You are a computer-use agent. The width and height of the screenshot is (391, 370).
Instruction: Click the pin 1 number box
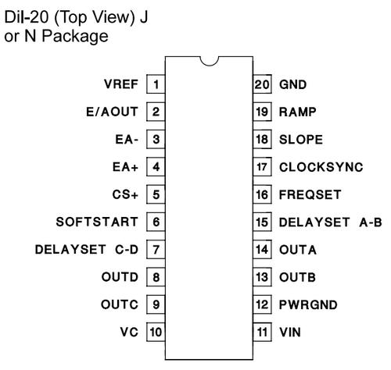pos(156,84)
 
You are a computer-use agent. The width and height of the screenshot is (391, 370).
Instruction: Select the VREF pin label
pos(121,84)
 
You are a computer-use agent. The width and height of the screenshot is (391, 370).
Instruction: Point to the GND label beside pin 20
pos(292,84)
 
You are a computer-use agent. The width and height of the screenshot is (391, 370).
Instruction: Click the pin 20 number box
pos(262,84)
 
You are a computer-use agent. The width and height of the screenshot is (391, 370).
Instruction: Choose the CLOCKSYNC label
pos(321,167)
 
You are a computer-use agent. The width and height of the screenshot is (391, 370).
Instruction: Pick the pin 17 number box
pos(262,167)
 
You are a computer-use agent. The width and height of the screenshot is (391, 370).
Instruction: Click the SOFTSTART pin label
pos(97,222)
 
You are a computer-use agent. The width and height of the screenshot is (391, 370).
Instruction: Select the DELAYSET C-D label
pos(87,250)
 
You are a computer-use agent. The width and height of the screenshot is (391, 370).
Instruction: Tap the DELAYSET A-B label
pos(331,222)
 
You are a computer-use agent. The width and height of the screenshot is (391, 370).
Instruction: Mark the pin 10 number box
pos(156,332)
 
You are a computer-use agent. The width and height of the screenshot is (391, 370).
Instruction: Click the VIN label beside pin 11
pos(290,333)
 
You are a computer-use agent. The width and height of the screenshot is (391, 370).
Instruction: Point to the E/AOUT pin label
pos(112,112)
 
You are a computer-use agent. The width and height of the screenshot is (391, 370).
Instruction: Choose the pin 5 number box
pos(156,194)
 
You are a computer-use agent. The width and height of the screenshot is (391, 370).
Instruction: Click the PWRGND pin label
pos(308,304)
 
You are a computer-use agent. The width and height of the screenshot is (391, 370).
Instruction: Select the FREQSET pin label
pos(310,194)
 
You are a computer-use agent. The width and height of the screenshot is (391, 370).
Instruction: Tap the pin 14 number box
pos(262,250)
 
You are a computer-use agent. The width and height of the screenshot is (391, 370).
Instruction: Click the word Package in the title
pos(75,37)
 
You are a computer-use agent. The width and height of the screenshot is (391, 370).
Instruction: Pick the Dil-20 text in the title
pos(27,17)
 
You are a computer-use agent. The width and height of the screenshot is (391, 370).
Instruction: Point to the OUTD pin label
pos(120,277)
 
